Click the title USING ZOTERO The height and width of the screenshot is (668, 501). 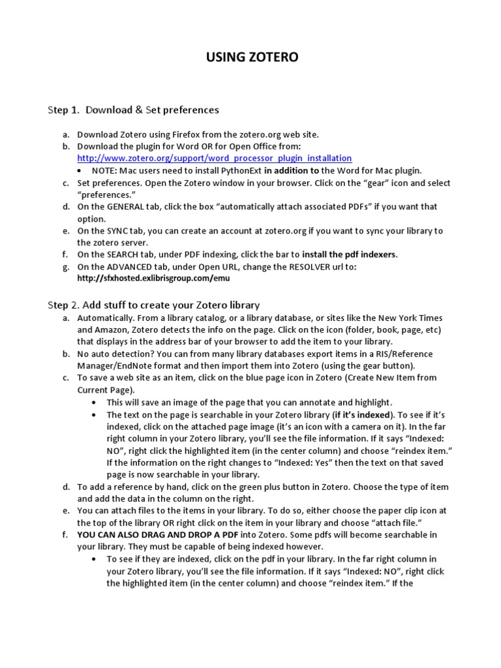pyautogui.click(x=252, y=58)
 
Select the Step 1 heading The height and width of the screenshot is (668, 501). pyautogui.click(x=133, y=110)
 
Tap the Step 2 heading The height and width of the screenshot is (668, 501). pyautogui.click(x=153, y=305)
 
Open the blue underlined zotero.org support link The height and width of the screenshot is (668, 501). pyautogui.click(x=214, y=159)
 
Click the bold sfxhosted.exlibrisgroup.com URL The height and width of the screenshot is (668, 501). pyautogui.click(x=153, y=279)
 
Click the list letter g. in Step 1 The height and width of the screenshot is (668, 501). pyautogui.click(x=66, y=267)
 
